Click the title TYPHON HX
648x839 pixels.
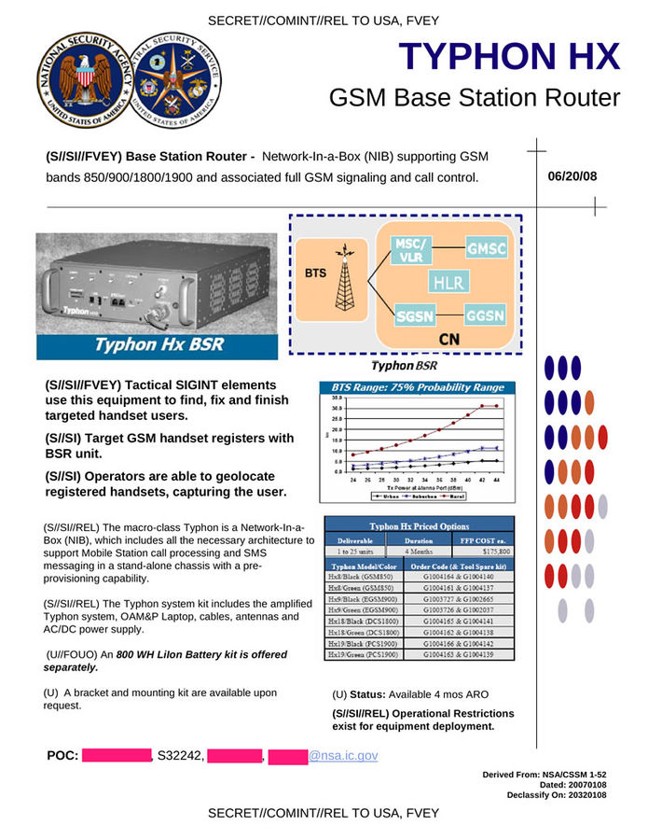(509, 57)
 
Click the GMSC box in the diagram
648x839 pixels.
(486, 248)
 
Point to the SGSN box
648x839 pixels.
(413, 315)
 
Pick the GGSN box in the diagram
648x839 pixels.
(486, 315)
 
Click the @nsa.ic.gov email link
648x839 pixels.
(343, 755)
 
